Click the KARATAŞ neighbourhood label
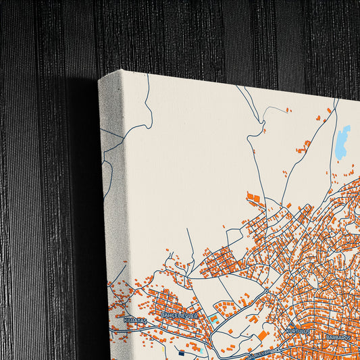click(x=136, y=319)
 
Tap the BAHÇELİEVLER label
click(x=179, y=315)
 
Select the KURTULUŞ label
click(x=298, y=332)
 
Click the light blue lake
click(x=343, y=143)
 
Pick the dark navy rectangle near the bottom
click(x=181, y=353)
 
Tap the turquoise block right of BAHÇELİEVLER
click(x=213, y=318)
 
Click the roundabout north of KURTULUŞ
click(x=267, y=290)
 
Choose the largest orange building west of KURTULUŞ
click(x=263, y=336)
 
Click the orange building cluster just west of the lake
click(x=307, y=144)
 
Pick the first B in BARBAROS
click(x=326, y=336)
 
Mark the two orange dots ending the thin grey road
click(x=288, y=109)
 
